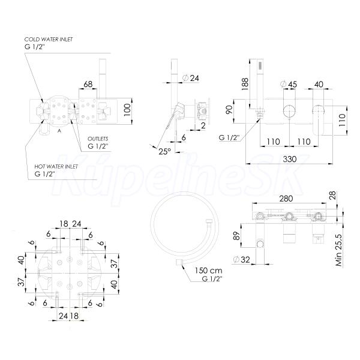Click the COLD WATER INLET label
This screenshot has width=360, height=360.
(x=49, y=40)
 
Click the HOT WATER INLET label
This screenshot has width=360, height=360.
(x=56, y=166)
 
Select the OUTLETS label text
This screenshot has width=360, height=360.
(x=98, y=139)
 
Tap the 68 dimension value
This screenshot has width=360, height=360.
(x=88, y=84)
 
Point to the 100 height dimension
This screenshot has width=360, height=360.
(x=127, y=110)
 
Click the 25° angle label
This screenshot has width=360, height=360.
(x=165, y=151)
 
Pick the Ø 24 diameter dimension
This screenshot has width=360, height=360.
(x=191, y=78)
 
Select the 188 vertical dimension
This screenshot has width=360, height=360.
(x=245, y=84)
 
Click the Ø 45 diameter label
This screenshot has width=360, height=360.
(x=289, y=84)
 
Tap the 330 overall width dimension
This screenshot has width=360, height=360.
(x=290, y=159)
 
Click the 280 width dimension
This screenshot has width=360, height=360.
(x=286, y=199)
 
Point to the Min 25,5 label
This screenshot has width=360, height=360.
(x=339, y=250)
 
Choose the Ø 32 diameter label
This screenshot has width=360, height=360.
(x=242, y=260)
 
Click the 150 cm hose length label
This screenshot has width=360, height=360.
(x=208, y=271)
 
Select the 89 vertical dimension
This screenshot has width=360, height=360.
(x=236, y=236)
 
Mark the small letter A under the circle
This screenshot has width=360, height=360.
(x=59, y=131)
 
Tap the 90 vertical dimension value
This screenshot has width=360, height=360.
(x=229, y=109)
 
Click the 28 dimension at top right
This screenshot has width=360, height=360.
(x=332, y=195)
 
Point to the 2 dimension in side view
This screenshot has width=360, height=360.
(x=203, y=125)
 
